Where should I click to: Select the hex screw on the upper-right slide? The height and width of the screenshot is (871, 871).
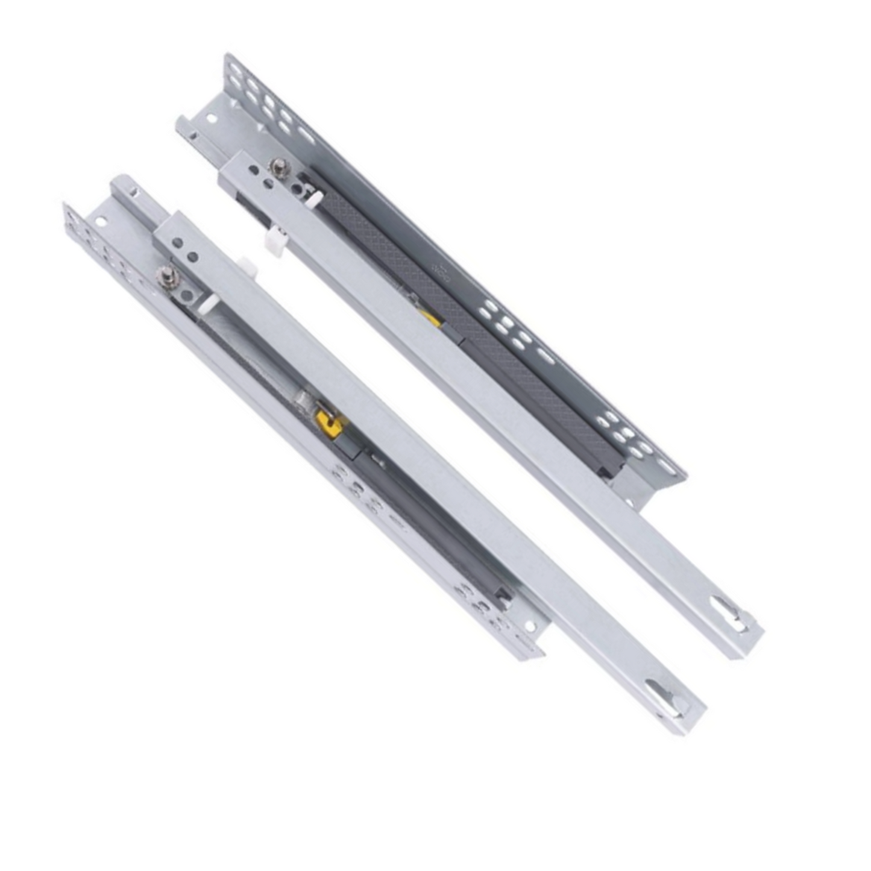278,167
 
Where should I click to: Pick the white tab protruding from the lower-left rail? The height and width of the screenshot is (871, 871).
246,263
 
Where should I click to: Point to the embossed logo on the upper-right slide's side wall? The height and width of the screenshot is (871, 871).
442,274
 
